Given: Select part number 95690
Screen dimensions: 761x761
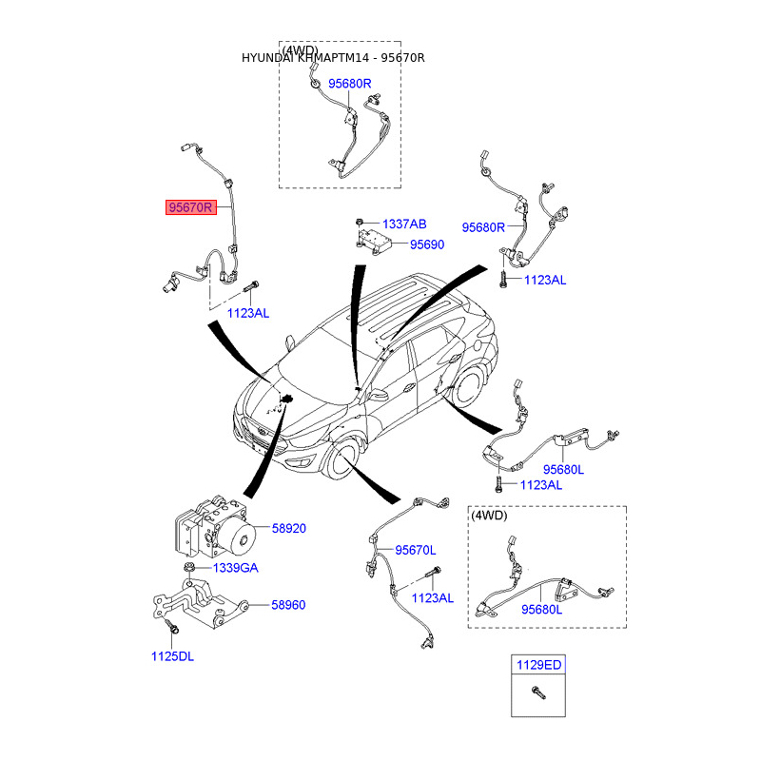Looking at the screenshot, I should (427, 244).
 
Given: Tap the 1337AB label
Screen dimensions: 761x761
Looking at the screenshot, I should (404, 224).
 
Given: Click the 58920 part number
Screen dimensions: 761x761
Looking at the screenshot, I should (289, 528).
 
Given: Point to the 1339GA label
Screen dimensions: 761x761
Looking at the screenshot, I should (235, 568).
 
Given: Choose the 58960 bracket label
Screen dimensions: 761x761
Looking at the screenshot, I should (288, 604).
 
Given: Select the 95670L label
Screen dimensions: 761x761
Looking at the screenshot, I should (416, 550).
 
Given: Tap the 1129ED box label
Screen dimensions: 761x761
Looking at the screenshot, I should (539, 667).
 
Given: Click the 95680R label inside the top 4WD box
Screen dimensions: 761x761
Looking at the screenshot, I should (350, 84).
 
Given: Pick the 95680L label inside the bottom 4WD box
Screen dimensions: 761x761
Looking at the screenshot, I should (541, 610).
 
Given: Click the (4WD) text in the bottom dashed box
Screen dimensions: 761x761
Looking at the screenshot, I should (489, 516).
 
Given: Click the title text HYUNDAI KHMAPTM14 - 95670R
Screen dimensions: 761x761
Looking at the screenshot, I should (333, 58).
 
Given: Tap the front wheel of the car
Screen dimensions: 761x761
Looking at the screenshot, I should (339, 460).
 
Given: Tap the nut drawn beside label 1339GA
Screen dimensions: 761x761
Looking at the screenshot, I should (190, 568).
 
